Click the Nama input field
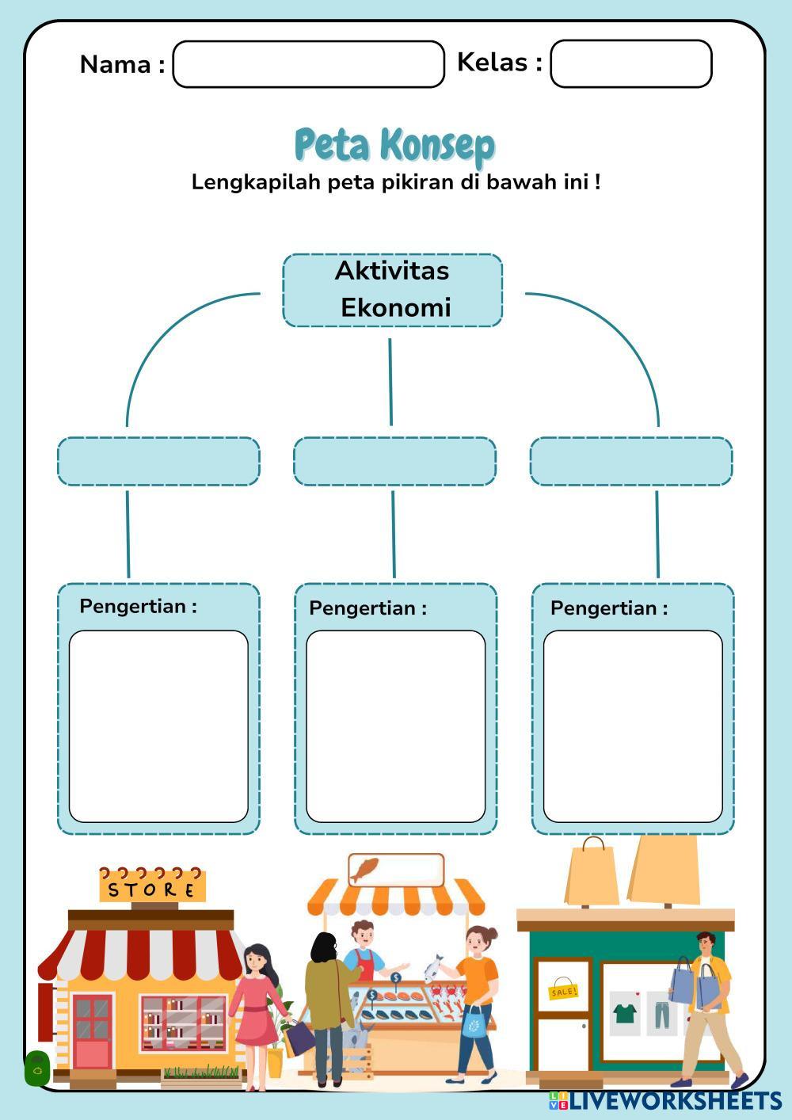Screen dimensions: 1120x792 308,64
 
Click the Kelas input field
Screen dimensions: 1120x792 630,64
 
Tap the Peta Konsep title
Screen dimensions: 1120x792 394,145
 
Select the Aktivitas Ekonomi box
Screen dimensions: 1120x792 393,290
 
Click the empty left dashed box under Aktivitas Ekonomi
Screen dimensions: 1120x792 158,461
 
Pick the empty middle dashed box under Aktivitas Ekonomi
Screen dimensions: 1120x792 394,461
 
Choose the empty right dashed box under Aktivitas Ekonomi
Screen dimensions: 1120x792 630,461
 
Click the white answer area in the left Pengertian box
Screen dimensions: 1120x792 158,726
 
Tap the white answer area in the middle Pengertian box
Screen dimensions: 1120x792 395,726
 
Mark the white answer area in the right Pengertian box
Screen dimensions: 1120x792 632,726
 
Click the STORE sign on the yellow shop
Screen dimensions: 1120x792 152,888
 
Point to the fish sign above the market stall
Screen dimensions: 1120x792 395,870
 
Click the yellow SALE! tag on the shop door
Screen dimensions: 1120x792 563,991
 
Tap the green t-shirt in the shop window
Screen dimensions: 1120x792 625,1012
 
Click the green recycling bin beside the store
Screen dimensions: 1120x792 36,1069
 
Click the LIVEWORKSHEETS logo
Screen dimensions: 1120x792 665,1100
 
